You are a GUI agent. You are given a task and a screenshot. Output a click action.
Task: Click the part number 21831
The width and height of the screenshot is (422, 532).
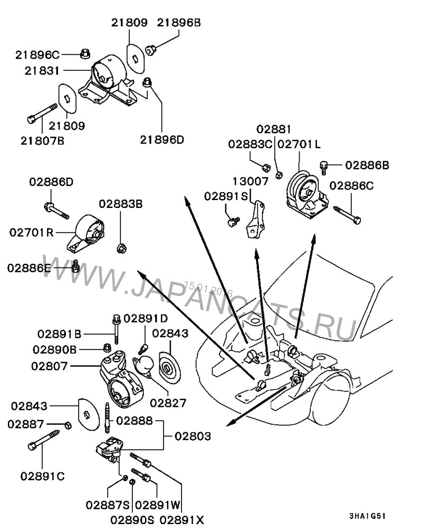coord(41,70)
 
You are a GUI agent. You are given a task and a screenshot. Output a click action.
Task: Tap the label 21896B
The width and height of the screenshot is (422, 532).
coord(179,23)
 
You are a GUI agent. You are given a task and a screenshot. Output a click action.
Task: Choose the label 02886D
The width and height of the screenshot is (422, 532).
coord(51,183)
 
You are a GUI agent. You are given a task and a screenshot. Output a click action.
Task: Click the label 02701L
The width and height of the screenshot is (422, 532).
coord(299,144)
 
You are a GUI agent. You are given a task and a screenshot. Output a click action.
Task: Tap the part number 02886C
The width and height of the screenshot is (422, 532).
coord(352,186)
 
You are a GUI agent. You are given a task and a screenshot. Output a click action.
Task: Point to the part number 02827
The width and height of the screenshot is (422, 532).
coord(168,403)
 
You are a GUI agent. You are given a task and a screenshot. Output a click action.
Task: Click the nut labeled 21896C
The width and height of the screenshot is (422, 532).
coord(85,53)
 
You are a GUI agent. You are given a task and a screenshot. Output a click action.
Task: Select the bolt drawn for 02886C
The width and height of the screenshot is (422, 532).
coord(347,215)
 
